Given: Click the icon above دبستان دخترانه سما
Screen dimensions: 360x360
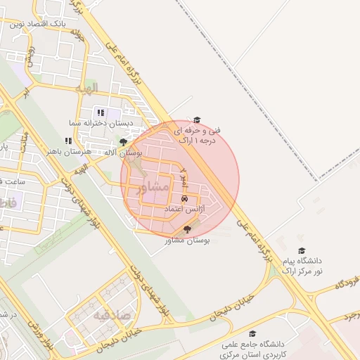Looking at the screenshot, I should tap(101, 112).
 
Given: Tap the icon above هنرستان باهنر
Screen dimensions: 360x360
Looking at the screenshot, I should tap(68, 141).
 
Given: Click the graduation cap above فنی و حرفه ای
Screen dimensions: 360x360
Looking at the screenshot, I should tap(197, 120).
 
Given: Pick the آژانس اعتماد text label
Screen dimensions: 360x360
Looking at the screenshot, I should tap(184, 210).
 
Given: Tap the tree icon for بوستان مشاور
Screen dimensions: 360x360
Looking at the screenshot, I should tap(186, 229).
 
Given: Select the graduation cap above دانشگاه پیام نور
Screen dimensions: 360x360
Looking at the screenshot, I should tap(302, 250).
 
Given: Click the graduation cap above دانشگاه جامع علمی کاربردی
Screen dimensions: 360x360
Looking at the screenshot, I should tap(252, 334).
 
